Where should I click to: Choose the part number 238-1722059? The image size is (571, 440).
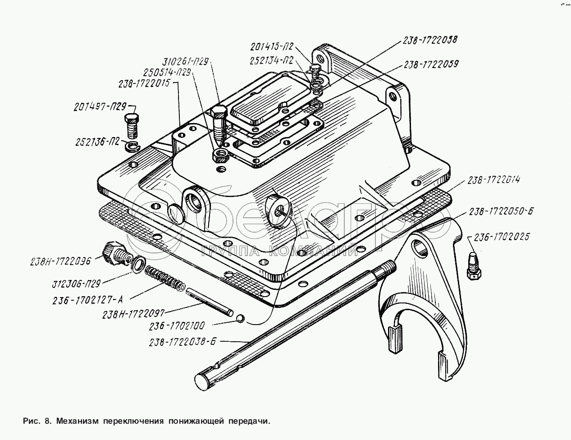[431, 64]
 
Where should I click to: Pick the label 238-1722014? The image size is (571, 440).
[493, 180]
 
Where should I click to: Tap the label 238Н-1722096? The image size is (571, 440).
[61, 261]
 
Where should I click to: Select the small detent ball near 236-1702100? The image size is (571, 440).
[241, 319]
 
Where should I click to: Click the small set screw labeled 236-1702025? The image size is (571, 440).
[473, 266]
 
